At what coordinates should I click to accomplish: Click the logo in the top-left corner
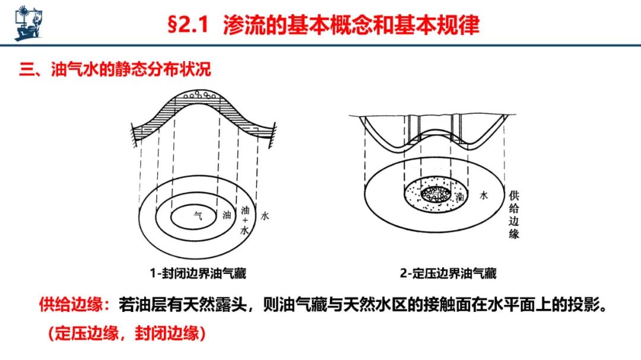coord(28,23)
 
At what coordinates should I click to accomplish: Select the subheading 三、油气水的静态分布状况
coord(115,69)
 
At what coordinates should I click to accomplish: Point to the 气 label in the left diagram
coord(198,215)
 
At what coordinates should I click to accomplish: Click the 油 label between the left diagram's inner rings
coord(227,215)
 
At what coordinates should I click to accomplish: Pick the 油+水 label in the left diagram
coord(245,220)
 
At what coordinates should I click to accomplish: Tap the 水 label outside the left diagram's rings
coord(265,216)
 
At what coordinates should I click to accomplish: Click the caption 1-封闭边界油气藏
coord(198,273)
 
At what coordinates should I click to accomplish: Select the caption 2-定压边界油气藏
coord(448,273)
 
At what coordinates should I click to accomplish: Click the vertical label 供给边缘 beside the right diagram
coord(514,215)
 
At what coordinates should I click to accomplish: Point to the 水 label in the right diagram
coord(484,195)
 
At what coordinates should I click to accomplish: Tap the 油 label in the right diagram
coord(460,197)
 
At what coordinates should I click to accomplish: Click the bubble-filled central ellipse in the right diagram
coord(436,194)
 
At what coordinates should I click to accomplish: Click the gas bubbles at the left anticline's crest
coord(199,95)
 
